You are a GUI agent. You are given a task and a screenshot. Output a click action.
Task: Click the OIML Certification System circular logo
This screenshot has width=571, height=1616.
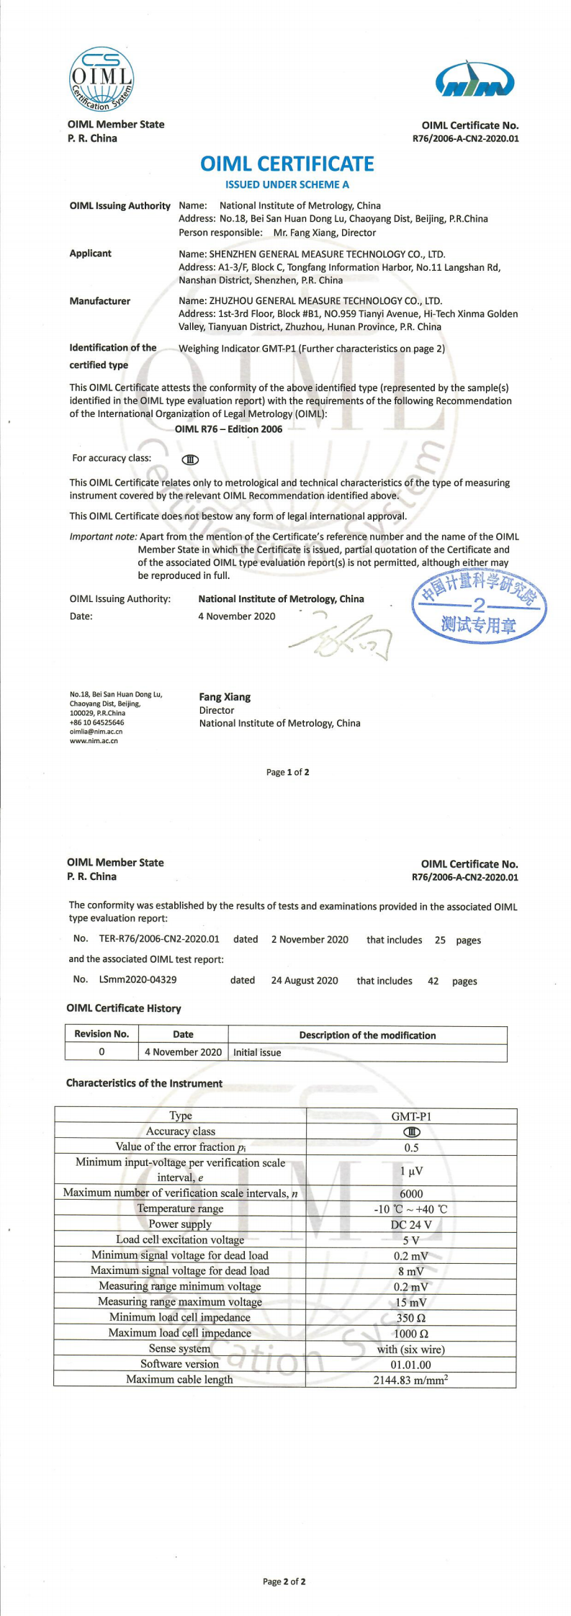[x=102, y=78]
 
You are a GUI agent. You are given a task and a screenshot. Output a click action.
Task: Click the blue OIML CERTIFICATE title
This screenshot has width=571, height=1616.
[x=287, y=164]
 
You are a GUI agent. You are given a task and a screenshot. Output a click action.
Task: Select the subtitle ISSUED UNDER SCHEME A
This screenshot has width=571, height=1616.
[x=287, y=184]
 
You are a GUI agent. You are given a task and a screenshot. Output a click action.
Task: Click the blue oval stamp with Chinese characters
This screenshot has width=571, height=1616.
[x=479, y=607]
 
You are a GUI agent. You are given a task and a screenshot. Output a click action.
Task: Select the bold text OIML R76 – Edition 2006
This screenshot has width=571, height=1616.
[x=228, y=429]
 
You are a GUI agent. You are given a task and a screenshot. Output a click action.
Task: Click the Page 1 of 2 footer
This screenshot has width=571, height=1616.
[x=287, y=772]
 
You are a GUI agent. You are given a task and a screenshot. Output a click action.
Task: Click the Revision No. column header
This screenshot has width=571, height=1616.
[x=102, y=1034]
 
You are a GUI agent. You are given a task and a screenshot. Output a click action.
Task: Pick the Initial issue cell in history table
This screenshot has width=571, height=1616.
[x=257, y=1052]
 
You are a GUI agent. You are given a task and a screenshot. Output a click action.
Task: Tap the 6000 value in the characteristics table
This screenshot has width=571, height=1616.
[x=411, y=1193]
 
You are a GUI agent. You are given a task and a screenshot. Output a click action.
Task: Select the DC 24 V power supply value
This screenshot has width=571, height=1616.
[x=411, y=1224]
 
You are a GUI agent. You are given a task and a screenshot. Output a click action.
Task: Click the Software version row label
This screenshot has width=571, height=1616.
[x=179, y=1364]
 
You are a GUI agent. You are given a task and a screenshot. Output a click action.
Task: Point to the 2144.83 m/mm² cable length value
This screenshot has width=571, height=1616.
[x=410, y=1380]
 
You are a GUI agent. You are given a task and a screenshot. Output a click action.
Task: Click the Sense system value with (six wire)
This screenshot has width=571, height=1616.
[x=410, y=1349]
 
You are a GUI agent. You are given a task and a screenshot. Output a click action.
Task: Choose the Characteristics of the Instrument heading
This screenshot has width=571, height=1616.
[x=144, y=1083]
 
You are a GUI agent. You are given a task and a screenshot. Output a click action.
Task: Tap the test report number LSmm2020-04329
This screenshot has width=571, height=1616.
[x=138, y=979]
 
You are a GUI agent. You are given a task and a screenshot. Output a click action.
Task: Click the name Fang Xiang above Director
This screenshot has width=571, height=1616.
[x=225, y=697]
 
